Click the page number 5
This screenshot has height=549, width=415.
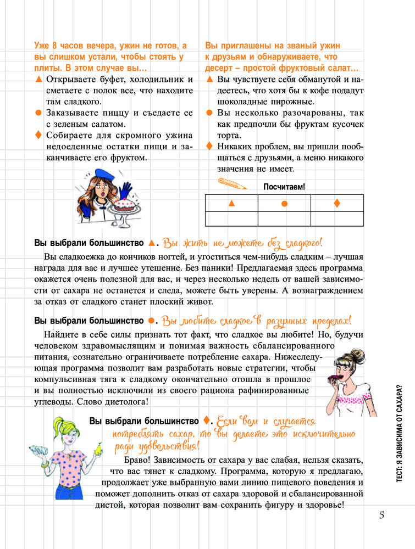tap(381, 517)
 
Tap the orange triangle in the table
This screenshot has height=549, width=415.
tap(231, 204)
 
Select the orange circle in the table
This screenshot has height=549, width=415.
tap(284, 204)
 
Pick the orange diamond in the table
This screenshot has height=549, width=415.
tap(337, 203)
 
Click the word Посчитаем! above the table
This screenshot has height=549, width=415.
tap(284, 187)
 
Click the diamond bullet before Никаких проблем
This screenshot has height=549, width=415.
tap(209, 146)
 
